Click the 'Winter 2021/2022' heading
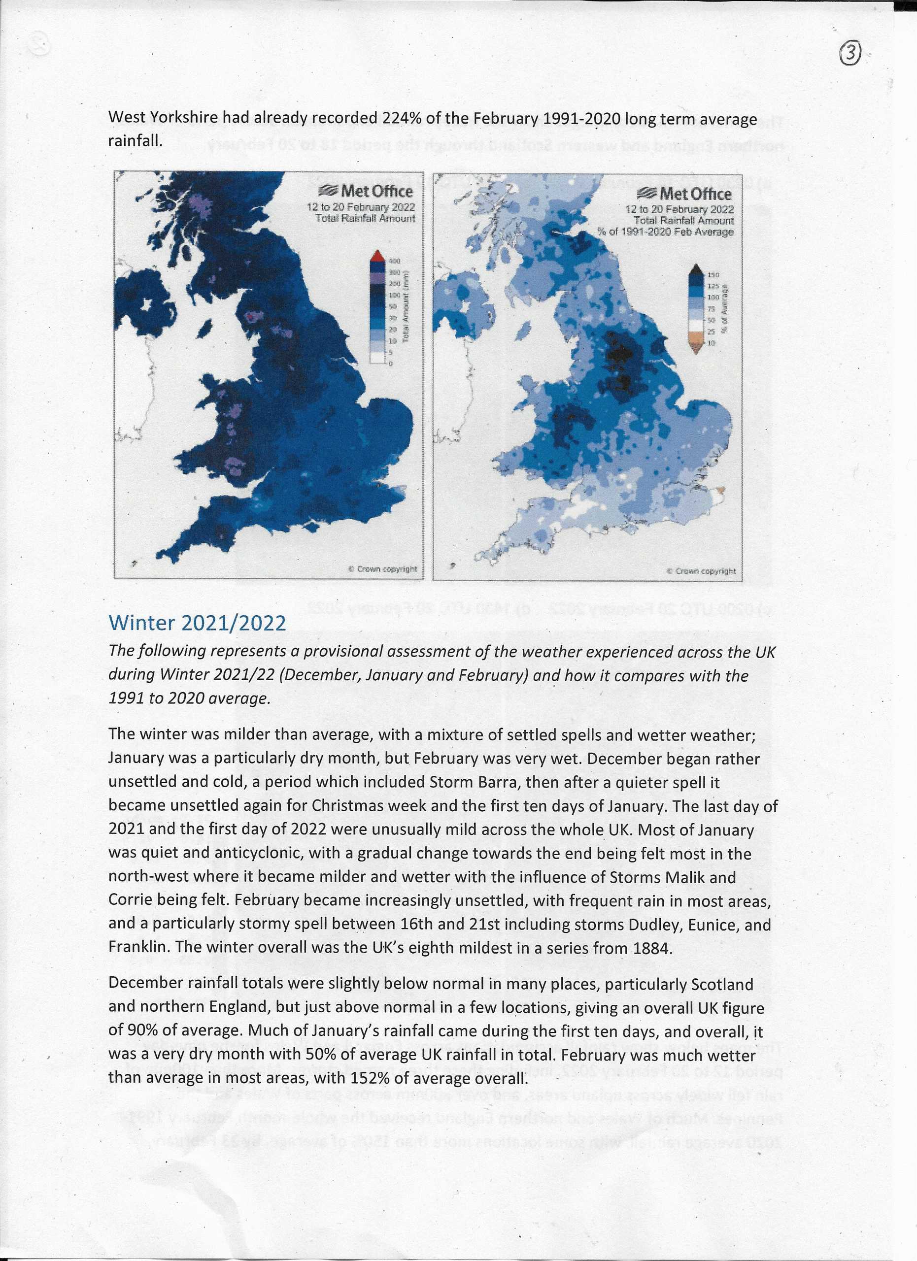tap(198, 623)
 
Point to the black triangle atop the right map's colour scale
tap(696, 269)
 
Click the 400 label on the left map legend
tap(394, 261)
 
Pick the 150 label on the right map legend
tap(713, 275)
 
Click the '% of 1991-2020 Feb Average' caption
tap(665, 232)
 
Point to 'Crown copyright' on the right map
tap(701, 571)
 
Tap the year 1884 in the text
tap(653, 948)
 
